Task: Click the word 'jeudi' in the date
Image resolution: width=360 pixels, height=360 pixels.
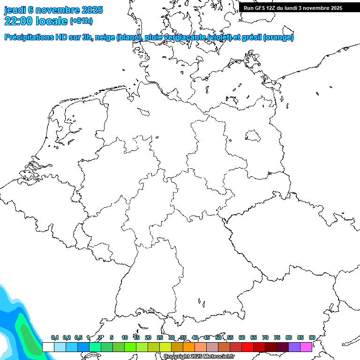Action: coord(15,10)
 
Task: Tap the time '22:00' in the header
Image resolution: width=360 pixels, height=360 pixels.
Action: coord(18,21)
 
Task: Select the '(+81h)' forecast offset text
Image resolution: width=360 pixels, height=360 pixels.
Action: coord(81,21)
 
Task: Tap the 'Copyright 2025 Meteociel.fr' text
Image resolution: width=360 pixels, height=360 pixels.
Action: coord(199,357)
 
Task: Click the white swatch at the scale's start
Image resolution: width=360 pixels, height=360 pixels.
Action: coord(48,347)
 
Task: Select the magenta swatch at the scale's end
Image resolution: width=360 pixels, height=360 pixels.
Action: coord(306,347)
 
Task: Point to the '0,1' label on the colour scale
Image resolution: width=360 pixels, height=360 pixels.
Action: coord(55,337)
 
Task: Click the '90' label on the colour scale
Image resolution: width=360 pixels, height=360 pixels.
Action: coord(312,337)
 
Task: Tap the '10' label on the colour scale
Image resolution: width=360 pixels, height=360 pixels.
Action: coord(125,337)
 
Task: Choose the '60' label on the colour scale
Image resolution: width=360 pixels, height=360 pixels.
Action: coord(242,337)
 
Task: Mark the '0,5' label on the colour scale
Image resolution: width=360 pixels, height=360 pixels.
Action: coord(78,337)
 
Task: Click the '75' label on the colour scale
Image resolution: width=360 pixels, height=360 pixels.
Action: coord(277,337)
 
